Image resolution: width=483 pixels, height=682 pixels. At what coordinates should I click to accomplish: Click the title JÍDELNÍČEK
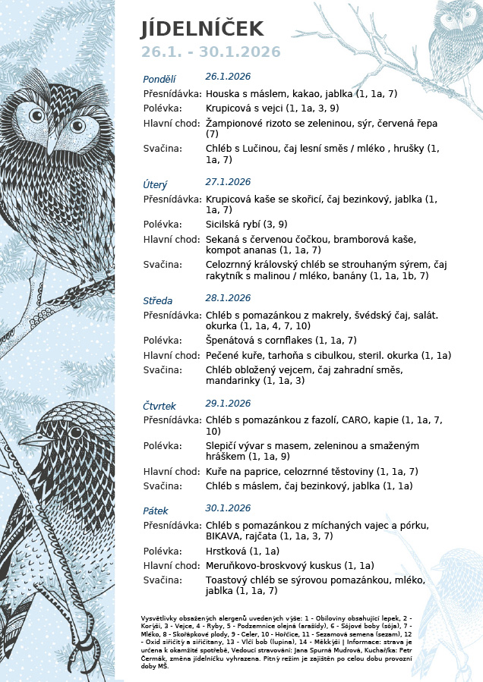[x=202, y=29]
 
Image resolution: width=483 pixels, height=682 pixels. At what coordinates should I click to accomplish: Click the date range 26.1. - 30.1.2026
[x=210, y=52]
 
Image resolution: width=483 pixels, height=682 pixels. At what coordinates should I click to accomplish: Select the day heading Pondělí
[x=159, y=79]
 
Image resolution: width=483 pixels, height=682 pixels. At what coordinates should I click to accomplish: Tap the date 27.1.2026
[x=228, y=182]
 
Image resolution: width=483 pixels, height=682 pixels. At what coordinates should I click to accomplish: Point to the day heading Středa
[x=158, y=300]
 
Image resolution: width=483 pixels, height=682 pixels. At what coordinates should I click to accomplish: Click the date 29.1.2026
[x=228, y=404]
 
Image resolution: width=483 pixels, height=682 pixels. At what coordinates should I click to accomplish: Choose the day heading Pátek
[x=156, y=511]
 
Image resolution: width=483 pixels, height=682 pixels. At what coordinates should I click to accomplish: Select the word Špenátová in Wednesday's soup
[x=231, y=341]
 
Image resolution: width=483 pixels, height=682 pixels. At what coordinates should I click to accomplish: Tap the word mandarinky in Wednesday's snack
[x=232, y=380]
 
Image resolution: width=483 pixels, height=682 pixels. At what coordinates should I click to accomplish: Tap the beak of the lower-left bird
[x=29, y=438]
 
